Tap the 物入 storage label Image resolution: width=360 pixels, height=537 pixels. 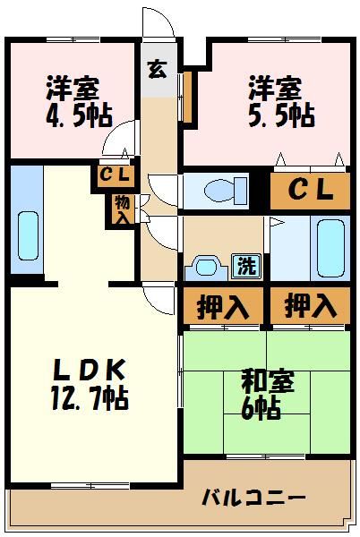click(122, 209)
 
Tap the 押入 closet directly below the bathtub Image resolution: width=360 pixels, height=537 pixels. click(310, 306)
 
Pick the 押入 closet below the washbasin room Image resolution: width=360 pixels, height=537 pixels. click(222, 306)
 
